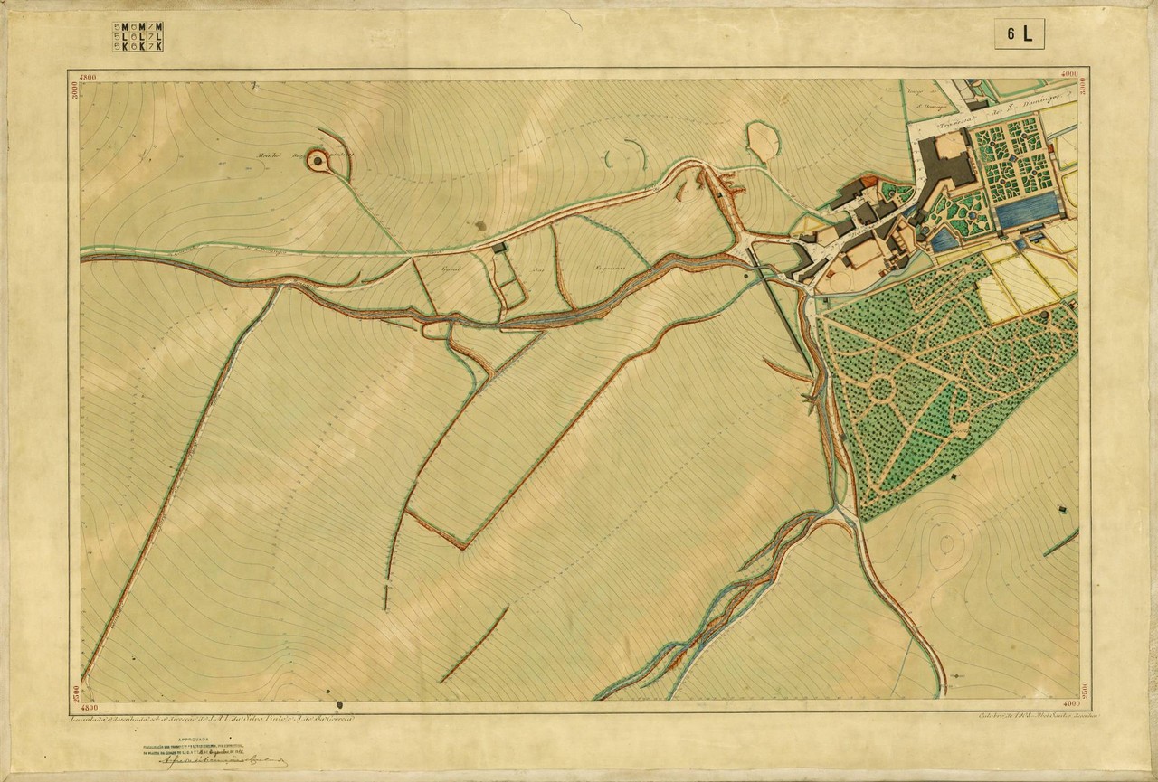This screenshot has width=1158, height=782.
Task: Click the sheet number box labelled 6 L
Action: click(x=1020, y=33)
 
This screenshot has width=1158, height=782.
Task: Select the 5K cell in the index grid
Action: click(x=119, y=46)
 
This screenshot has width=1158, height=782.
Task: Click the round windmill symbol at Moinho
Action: click(x=318, y=161)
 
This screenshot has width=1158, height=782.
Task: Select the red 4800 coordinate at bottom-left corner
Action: click(x=89, y=707)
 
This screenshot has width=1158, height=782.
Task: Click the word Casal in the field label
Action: click(x=450, y=269)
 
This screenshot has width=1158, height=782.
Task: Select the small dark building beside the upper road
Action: click(x=498, y=247)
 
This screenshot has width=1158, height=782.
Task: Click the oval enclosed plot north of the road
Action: click(x=763, y=140)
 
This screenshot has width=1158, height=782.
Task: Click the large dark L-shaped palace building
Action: click(x=945, y=163)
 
